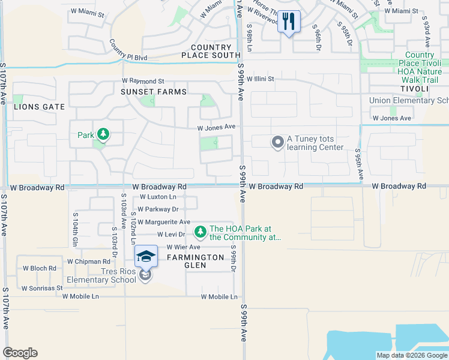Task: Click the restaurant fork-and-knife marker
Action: (x=289, y=22)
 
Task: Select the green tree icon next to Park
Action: (x=103, y=134)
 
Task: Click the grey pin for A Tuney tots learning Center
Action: (x=277, y=142)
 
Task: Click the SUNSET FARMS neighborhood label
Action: (x=153, y=92)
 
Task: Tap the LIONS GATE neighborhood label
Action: (x=38, y=107)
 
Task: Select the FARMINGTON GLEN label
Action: (x=195, y=262)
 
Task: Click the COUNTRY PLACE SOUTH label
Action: (x=211, y=52)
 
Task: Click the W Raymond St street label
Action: (x=143, y=81)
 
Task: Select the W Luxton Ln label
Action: (x=158, y=197)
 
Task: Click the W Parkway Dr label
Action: (x=158, y=209)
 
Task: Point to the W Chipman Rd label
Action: (x=88, y=262)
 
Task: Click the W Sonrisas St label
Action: (x=42, y=288)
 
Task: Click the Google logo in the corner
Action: (x=20, y=353)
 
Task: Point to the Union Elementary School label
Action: (x=409, y=100)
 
